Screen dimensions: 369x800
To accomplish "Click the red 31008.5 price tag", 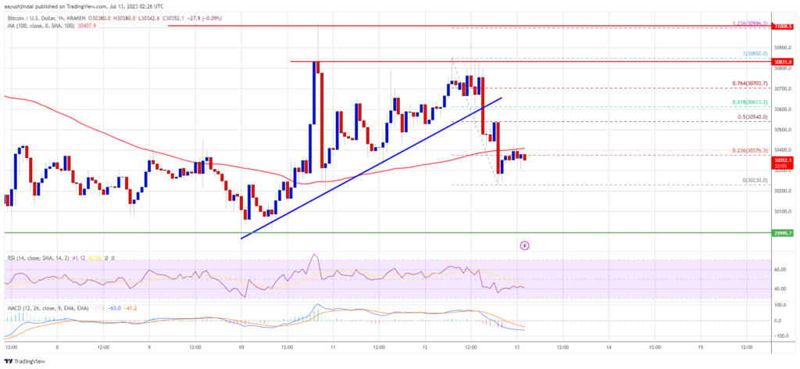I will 784,27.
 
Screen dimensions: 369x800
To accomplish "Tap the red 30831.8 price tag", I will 784,61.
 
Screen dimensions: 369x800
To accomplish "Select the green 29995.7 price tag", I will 784,233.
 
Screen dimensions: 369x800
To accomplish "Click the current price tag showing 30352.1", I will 784,159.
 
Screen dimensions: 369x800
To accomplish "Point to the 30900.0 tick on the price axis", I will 782,47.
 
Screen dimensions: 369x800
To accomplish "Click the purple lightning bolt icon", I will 524,245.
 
